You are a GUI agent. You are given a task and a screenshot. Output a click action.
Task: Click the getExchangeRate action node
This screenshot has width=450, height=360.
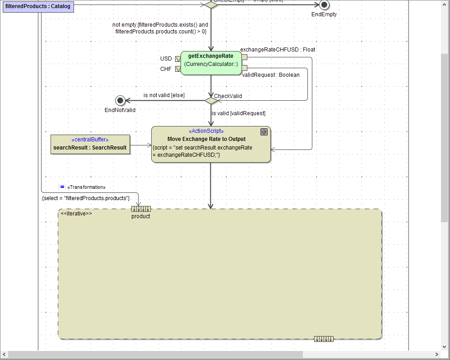tap(211, 63)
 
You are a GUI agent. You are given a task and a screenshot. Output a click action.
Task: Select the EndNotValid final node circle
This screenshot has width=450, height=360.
tap(120, 100)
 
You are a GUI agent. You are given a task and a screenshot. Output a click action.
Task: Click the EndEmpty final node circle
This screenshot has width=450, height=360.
tap(324, 5)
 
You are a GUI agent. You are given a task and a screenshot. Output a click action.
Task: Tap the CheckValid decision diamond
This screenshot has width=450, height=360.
tap(211, 100)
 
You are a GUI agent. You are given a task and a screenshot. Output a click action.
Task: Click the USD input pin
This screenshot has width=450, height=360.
tap(178, 59)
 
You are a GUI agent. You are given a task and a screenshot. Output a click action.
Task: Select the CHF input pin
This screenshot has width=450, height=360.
tap(178, 69)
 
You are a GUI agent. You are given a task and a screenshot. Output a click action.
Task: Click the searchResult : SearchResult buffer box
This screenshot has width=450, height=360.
tap(90, 145)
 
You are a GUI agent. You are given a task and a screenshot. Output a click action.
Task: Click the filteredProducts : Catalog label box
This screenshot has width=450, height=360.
tap(38, 6)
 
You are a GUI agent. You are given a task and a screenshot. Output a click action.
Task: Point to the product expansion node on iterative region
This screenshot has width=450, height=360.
tap(141, 209)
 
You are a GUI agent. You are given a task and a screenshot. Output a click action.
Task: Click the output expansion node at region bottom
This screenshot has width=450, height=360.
tap(324, 339)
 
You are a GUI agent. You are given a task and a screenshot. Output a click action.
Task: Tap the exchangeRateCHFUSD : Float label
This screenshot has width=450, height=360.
tap(278, 49)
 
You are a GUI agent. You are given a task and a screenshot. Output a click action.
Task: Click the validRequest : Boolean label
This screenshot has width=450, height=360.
tap(271, 75)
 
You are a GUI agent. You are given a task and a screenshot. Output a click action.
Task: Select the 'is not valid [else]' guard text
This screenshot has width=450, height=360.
tap(164, 95)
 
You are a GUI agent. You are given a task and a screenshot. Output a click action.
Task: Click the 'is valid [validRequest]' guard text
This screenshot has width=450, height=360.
tap(238, 113)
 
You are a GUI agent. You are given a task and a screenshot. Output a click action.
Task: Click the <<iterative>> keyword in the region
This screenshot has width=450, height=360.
tap(76, 213)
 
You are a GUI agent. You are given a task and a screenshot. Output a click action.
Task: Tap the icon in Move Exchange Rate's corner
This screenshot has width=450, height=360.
tap(264, 132)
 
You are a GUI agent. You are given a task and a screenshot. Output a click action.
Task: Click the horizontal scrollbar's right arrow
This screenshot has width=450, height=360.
tap(436, 355)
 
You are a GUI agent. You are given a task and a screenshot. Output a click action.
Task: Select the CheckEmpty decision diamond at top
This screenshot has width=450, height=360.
tap(211, 5)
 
